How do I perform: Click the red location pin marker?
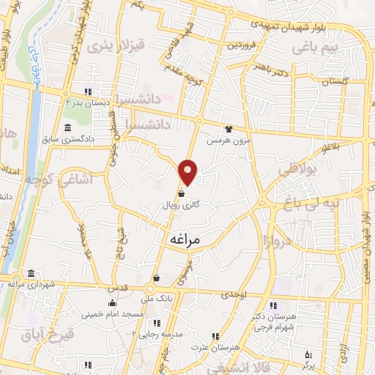click(x=188, y=172)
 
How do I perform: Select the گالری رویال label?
click(x=180, y=207)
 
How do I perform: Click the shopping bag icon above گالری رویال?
click(x=180, y=194)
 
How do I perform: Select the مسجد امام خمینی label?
click(x=112, y=314)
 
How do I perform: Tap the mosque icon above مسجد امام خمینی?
click(x=111, y=303)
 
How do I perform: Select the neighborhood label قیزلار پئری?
click(x=109, y=45)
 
